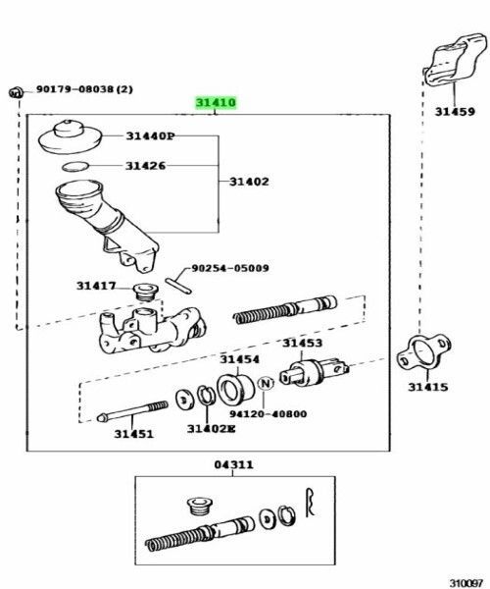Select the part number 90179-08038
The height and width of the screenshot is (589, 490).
click(x=84, y=89)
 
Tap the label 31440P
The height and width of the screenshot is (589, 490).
click(x=149, y=136)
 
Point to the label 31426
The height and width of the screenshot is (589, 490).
click(x=145, y=166)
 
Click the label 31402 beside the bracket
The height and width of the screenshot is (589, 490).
click(x=249, y=181)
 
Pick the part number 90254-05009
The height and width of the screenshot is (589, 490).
click(x=229, y=267)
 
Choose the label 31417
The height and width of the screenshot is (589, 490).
click(x=96, y=287)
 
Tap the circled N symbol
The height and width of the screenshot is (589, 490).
click(x=262, y=398)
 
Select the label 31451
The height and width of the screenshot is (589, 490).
click(x=133, y=433)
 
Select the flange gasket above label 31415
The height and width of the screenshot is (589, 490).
click(x=424, y=351)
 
